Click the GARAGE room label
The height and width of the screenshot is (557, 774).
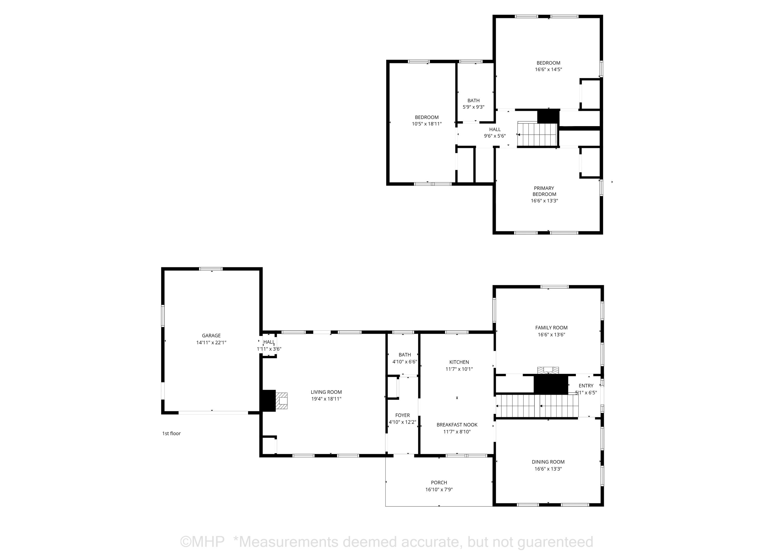click(x=211, y=336)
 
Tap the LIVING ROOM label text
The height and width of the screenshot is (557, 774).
click(x=326, y=392)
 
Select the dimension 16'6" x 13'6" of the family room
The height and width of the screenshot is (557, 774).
click(x=552, y=335)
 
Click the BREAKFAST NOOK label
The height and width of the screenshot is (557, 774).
click(x=457, y=425)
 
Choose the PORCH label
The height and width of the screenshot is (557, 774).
click(x=439, y=483)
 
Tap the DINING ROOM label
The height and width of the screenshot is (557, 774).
click(x=548, y=462)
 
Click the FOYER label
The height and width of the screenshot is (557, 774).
click(x=403, y=415)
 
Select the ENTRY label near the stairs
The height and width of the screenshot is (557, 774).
click(x=586, y=386)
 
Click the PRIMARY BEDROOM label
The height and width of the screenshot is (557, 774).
click(x=544, y=191)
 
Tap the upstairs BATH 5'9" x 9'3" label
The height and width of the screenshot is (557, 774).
click(x=473, y=104)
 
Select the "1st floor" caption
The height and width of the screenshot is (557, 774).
click(x=171, y=433)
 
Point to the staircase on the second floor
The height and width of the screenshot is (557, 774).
click(x=537, y=135)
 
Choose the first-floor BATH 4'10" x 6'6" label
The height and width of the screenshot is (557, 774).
click(x=405, y=358)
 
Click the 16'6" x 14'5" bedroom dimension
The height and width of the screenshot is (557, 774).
click(x=549, y=69)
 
